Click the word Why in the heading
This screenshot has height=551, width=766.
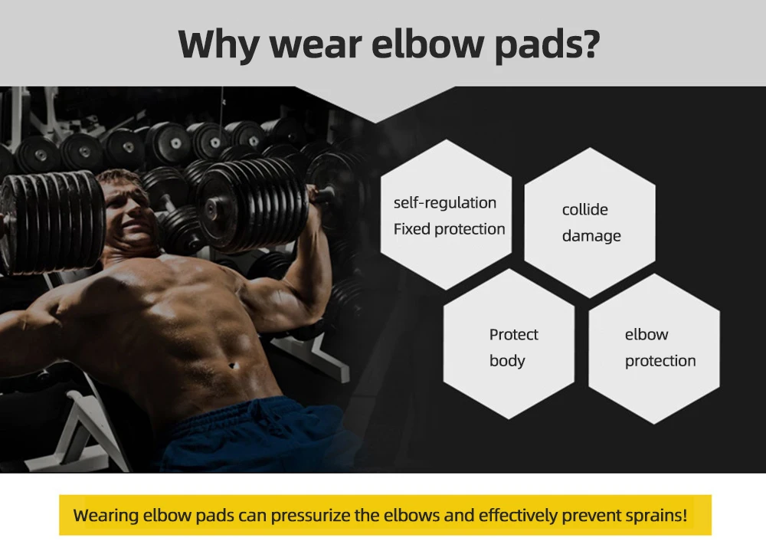click(218, 44)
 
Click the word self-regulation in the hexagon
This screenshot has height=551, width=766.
click(444, 202)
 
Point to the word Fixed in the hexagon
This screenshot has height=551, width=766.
click(412, 228)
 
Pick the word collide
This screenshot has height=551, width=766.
click(584, 209)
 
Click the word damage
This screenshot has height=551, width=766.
click(591, 236)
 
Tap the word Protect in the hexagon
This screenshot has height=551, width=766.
click(513, 334)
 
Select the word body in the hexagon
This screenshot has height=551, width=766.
click(507, 361)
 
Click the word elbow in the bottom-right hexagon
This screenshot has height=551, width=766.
click(647, 334)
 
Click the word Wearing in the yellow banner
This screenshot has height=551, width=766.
click(106, 515)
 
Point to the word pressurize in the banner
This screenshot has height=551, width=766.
click(310, 515)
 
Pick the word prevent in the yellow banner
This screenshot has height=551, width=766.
click(591, 515)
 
